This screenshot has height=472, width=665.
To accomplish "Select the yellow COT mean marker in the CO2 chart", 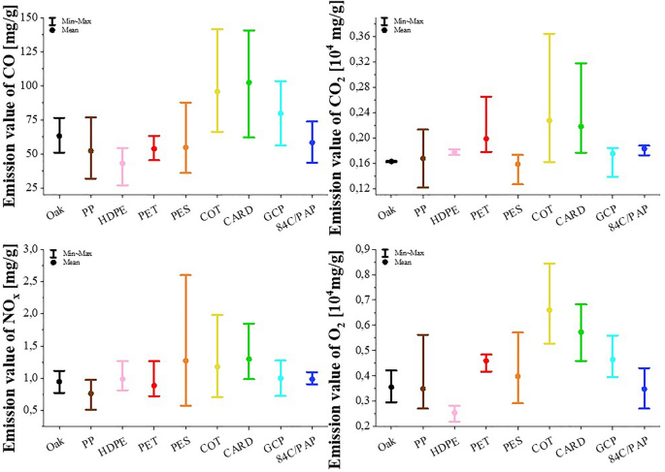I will (549, 120).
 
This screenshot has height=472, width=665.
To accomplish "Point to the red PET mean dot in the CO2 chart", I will (485, 139).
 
